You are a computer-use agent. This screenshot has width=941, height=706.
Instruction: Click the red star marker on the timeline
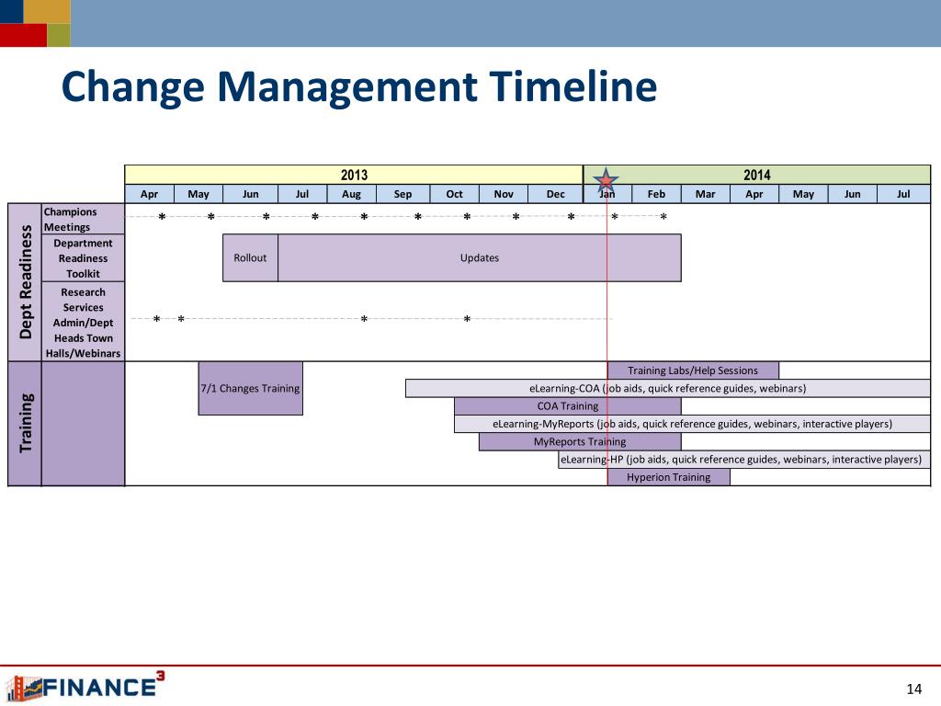607,179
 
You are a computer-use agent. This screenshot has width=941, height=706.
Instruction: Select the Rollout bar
250,257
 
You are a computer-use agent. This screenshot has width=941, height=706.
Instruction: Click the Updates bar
480,257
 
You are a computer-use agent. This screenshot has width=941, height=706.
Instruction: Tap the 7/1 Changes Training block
250,388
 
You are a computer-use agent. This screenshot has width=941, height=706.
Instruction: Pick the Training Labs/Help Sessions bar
693,370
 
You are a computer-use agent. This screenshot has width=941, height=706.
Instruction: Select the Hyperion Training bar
669,477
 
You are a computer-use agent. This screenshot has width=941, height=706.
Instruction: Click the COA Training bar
568,405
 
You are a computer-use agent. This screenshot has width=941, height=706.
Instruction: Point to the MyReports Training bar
581,441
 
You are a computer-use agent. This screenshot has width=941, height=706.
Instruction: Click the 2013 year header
354,175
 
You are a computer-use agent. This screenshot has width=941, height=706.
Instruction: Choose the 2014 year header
757,175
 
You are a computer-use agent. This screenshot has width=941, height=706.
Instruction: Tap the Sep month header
402,194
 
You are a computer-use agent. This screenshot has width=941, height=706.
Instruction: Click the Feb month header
656,194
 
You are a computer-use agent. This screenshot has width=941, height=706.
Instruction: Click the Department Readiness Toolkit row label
83,258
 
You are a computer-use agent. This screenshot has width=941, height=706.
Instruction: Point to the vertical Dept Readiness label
25,281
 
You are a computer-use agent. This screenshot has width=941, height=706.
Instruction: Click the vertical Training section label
25,423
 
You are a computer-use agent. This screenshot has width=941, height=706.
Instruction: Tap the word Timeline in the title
573,85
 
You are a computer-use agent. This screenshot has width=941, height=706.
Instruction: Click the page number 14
914,688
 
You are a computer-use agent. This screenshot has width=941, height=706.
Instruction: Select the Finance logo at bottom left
85,686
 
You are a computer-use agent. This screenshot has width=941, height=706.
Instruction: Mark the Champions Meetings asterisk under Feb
663,217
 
